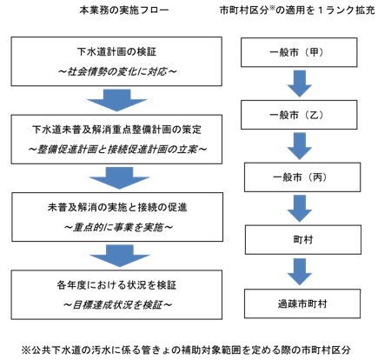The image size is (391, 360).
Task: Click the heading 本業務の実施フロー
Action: tap(124, 10)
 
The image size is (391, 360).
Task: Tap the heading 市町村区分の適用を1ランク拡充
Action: tap(297, 10)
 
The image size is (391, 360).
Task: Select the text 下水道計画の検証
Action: tap(116, 52)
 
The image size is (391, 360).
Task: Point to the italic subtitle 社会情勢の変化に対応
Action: tap(117, 71)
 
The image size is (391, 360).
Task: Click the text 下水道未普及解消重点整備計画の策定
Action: tap(116, 130)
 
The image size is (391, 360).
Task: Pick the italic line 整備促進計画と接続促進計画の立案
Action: tap(117, 150)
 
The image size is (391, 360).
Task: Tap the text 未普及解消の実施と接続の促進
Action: tap(117, 207)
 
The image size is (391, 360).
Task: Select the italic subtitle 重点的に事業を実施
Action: tap(118, 227)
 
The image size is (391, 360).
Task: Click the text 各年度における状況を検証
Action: tap(116, 285)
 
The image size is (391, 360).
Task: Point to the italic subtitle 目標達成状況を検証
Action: tap(117, 304)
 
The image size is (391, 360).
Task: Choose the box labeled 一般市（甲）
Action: tap(299, 52)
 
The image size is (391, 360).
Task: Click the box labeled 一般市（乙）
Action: tap(299, 115)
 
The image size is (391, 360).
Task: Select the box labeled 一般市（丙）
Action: tap(302, 177)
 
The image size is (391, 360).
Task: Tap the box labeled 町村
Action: tap(303, 240)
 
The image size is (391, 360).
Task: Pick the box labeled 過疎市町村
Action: tap(302, 303)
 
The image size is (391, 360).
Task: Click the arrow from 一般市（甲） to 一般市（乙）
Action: tap(300, 83)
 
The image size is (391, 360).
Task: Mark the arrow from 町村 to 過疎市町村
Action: tap(300, 272)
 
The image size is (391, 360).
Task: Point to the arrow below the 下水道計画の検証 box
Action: tap(117, 100)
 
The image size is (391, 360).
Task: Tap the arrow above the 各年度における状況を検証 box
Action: tap(120, 256)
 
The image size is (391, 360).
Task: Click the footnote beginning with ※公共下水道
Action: tap(186, 350)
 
